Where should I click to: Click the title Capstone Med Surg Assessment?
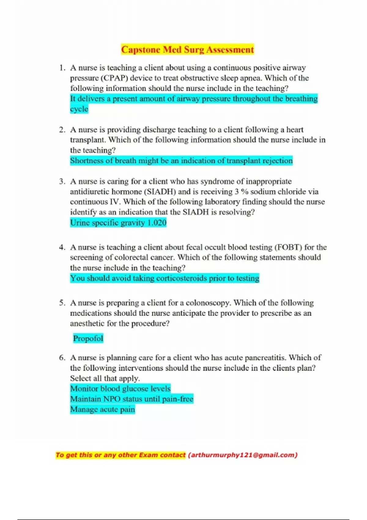(187, 50)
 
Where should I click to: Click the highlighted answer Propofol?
(88, 338)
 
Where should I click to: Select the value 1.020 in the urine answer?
(157, 222)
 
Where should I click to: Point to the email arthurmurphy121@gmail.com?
(243, 455)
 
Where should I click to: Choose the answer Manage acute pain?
(102, 409)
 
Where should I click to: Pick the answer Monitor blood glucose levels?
(120, 388)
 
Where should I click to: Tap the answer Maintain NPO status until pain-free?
(132, 399)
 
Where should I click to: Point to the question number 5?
(62, 303)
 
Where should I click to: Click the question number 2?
(62, 130)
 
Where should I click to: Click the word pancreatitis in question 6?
(265, 358)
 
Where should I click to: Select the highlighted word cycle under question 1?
(79, 109)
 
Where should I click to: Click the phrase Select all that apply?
(105, 378)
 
